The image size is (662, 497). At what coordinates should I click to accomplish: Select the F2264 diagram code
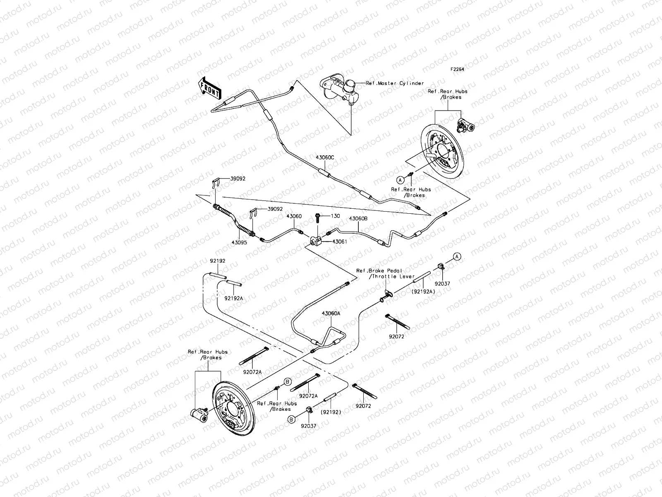458,70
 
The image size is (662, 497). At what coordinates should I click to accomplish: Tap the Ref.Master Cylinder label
395,83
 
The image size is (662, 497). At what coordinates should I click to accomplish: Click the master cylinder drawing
338,91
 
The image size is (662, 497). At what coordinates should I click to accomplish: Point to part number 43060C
325,158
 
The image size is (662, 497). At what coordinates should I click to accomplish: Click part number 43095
239,243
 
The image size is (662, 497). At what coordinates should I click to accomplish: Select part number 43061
340,241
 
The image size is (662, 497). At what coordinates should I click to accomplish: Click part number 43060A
331,314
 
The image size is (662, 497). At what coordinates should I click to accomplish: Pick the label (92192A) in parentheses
423,291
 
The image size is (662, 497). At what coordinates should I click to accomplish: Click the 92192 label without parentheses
217,261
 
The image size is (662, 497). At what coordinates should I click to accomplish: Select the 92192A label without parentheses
234,298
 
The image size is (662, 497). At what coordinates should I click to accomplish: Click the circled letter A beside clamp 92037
457,256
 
